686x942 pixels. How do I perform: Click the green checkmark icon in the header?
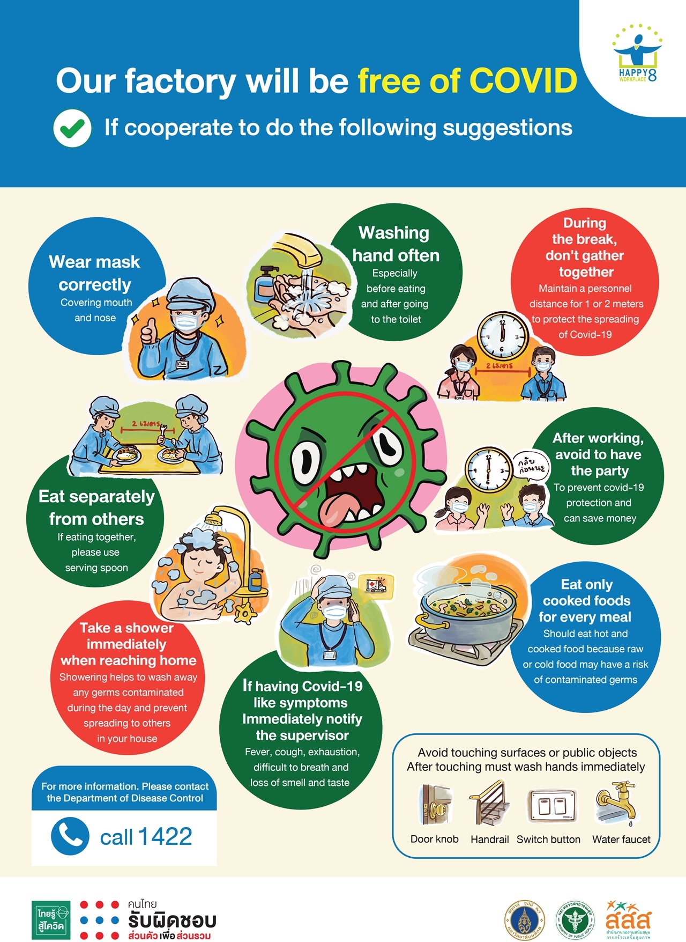(x=72, y=128)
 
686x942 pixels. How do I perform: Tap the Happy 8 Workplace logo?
(x=637, y=54)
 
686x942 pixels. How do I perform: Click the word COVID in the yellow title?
(x=523, y=81)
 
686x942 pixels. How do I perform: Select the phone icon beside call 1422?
(x=70, y=836)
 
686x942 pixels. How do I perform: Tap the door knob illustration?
(x=435, y=805)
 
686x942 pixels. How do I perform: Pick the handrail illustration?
(x=489, y=804)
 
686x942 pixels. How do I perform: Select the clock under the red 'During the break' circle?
(x=502, y=336)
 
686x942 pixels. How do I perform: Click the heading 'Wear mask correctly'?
(x=95, y=273)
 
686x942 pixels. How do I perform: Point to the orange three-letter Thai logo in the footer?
(x=628, y=918)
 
